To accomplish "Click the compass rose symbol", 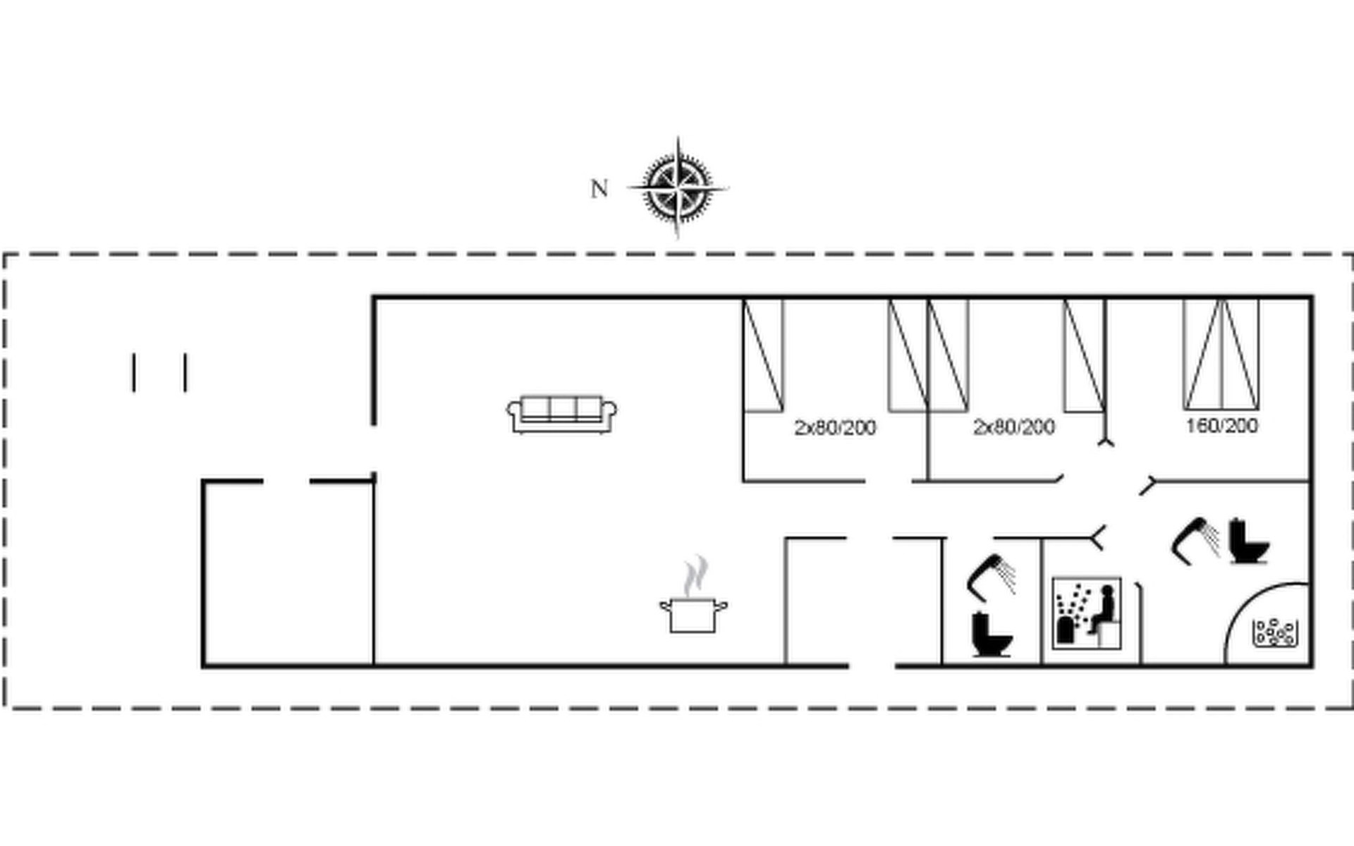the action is pyautogui.click(x=678, y=188).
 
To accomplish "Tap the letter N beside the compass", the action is pyautogui.click(x=599, y=189).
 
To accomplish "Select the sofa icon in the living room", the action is pyautogui.click(x=562, y=415).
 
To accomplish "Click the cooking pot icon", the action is pyautogui.click(x=693, y=615).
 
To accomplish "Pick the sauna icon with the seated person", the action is pyautogui.click(x=1087, y=613).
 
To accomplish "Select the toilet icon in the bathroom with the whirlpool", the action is pyautogui.click(x=1249, y=541).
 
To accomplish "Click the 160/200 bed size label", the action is pyautogui.click(x=1222, y=426).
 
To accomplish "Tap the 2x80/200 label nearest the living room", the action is pyautogui.click(x=835, y=427).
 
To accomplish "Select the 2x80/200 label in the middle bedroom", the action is pyautogui.click(x=1014, y=427).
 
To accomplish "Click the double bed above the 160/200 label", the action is pyautogui.click(x=1221, y=354).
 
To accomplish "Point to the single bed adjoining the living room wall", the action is pyautogui.click(x=764, y=355).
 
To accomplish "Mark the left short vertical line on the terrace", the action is pyautogui.click(x=133, y=373).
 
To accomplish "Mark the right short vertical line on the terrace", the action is pyautogui.click(x=185, y=373).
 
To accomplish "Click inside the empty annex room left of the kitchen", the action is pyautogui.click(x=288, y=572).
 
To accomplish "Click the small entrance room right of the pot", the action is pyautogui.click(x=864, y=601).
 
